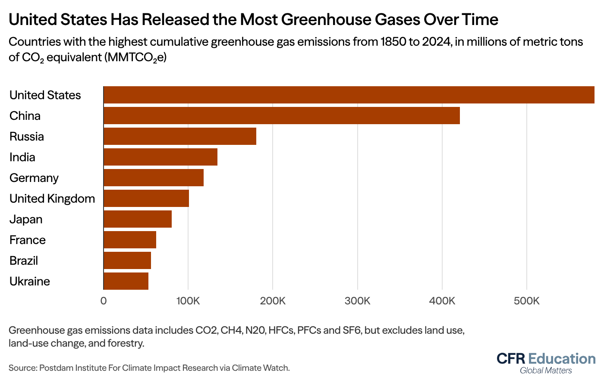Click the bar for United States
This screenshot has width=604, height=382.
[349, 95]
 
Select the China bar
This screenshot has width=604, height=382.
[281, 116]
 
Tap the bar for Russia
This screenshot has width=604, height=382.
[179, 136]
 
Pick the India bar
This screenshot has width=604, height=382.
[160, 157]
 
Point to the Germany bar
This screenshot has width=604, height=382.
[153, 178]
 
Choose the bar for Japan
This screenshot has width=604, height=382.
[137, 219]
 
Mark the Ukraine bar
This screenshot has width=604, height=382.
[126, 281]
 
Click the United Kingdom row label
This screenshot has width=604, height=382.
[52, 199]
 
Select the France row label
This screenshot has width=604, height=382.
[28, 240]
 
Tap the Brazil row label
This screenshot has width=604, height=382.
[24, 261]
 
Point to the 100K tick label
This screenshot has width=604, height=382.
[188, 301]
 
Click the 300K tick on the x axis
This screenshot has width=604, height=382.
[357, 301]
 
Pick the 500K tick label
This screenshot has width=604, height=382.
[526, 301]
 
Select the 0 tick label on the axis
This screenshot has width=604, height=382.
[104, 301]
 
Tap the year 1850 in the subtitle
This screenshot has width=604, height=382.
[391, 42]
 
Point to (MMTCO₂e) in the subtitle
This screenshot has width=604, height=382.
[135, 57]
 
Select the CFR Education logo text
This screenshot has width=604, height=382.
[546, 359]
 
